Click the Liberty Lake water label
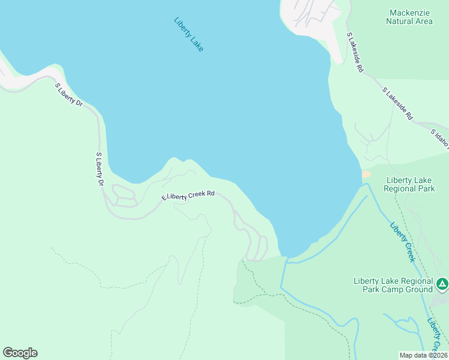pos(189,34)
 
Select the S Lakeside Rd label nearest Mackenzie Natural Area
pos(355,52)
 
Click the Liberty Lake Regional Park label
pos(410,184)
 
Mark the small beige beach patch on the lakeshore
pos(366,174)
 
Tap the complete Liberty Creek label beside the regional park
pos(402,242)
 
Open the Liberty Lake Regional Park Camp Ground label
pos(393,285)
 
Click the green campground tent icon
pos(442,283)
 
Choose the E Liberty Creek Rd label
pos(188,196)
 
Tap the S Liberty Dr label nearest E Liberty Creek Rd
pos(100,170)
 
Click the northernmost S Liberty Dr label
pos(68,95)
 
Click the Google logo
pos(20,353)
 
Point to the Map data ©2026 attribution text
pos(423,355)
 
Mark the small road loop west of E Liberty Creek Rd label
pos(124,196)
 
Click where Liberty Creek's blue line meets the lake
pos(288,260)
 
